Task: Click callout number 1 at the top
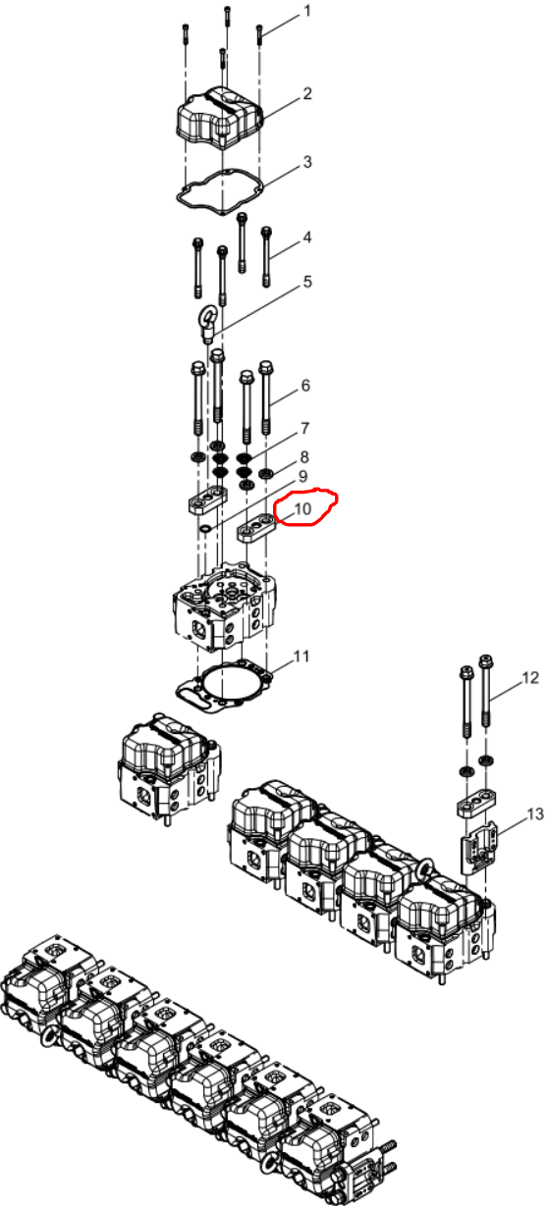click(x=307, y=11)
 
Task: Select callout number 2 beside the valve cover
click(x=306, y=93)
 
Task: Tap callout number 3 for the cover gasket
click(x=306, y=162)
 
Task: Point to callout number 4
click(x=306, y=236)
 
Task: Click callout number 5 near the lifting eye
click(x=307, y=281)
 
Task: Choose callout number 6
click(x=305, y=386)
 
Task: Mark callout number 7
click(x=305, y=429)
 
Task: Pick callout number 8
click(x=304, y=457)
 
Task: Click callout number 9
click(x=302, y=477)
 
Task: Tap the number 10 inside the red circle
click(x=302, y=508)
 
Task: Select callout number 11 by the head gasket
click(x=301, y=656)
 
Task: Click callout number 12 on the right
click(x=530, y=678)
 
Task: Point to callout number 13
click(x=535, y=814)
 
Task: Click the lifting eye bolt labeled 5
click(x=208, y=324)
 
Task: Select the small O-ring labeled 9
click(x=205, y=530)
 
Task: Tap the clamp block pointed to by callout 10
click(x=256, y=527)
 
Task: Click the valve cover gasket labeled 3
click(x=220, y=192)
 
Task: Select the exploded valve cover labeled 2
click(x=219, y=118)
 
